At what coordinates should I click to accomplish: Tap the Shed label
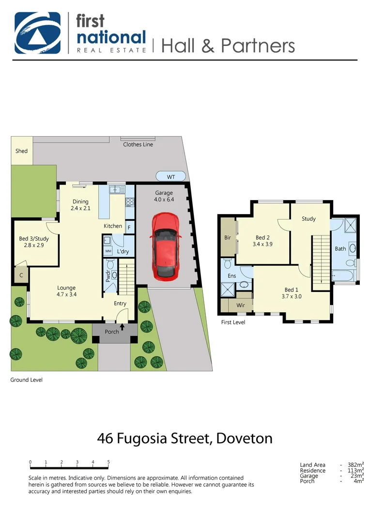[21, 151]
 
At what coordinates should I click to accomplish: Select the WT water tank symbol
[170, 177]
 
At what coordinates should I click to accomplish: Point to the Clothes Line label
[138, 145]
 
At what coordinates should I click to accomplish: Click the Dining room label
[80, 202]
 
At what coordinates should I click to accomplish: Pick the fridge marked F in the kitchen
[129, 227]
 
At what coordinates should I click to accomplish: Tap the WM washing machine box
[108, 251]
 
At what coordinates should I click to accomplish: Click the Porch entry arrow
[122, 327]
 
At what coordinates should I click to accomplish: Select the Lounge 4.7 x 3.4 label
[66, 290]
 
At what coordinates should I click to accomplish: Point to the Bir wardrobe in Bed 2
[228, 238]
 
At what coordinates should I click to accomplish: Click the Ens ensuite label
[231, 276]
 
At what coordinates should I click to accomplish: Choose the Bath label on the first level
[340, 249]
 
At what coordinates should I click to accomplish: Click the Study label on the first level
[308, 219]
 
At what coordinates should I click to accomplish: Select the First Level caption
[233, 322]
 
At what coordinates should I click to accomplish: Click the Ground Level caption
[27, 380]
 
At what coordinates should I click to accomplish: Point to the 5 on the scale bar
[108, 462]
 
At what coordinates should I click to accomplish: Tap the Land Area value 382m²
[356, 465]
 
